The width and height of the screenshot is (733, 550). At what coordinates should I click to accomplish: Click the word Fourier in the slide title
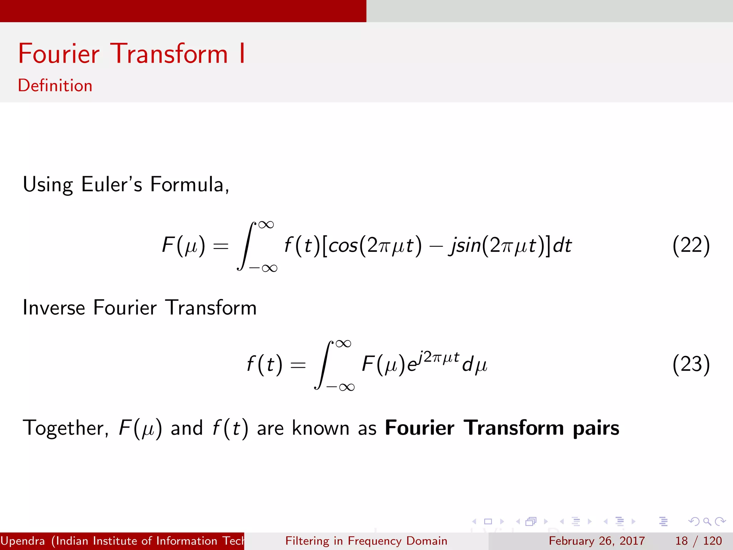(59, 54)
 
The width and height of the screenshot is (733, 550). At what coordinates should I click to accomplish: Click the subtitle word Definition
(55, 86)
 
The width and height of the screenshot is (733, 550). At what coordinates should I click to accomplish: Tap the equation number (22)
(691, 245)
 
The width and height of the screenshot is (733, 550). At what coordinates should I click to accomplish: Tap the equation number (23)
(691, 364)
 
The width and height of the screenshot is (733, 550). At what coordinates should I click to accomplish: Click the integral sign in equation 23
(324, 365)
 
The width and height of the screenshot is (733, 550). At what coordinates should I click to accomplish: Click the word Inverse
(54, 308)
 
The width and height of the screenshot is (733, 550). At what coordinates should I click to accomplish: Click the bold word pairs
(596, 428)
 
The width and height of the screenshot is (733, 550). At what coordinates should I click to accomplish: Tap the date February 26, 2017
(597, 541)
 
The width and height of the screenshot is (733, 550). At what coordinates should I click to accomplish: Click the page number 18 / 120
(698, 541)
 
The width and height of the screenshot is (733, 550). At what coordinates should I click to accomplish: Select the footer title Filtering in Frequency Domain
(366, 541)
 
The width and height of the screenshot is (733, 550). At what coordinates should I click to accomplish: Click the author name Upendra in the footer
(23, 541)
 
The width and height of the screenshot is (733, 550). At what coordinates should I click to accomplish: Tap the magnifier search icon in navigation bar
(707, 521)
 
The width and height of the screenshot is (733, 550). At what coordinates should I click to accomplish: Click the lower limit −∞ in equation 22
(263, 268)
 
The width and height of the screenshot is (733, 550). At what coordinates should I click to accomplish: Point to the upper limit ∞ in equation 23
(343, 344)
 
